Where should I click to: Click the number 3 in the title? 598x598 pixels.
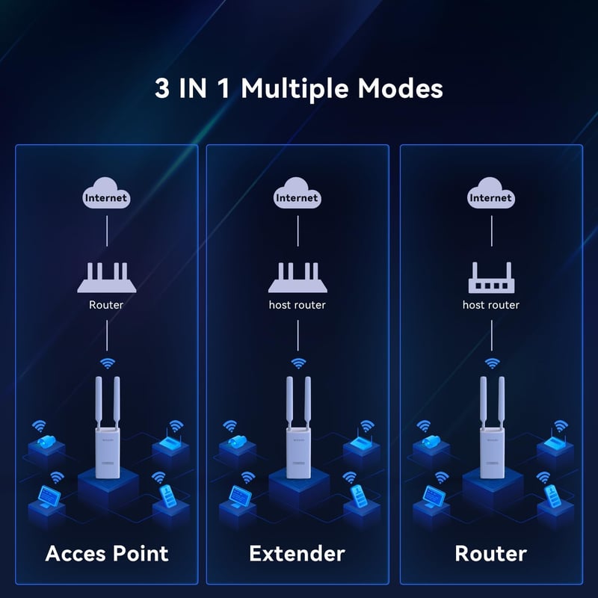tap(162, 89)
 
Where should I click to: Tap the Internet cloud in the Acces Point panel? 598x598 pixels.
tap(106, 197)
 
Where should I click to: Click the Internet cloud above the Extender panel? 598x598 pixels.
tap(297, 197)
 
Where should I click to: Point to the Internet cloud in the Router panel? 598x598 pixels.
tap(490, 197)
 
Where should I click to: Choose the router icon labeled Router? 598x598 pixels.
tap(106, 278)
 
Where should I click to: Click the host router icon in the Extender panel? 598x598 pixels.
tap(297, 278)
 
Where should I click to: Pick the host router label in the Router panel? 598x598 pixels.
tap(490, 305)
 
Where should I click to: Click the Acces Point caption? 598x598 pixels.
tap(107, 554)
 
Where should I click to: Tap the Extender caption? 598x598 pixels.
tap(297, 554)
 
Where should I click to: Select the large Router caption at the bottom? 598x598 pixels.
tap(490, 554)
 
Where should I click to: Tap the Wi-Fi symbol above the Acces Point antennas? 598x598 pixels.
tap(107, 364)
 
